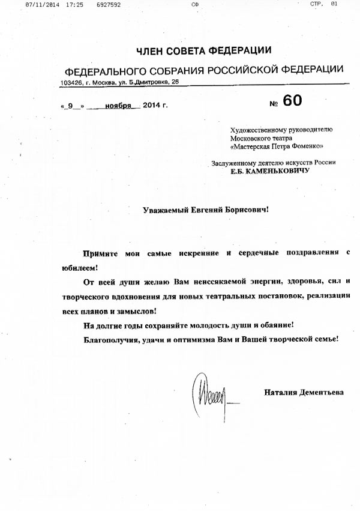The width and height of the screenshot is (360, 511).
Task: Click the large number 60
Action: click(293, 101)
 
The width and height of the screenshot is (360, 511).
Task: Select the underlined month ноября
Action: click(118, 106)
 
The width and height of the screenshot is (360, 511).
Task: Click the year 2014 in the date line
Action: click(151, 106)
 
